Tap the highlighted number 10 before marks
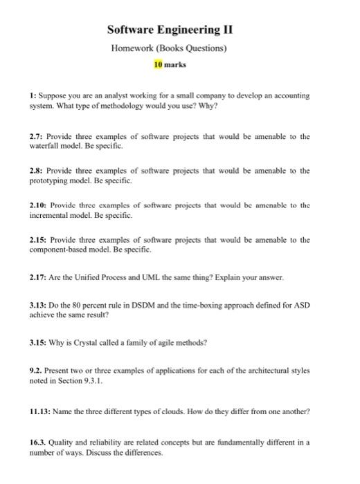click(158, 65)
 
